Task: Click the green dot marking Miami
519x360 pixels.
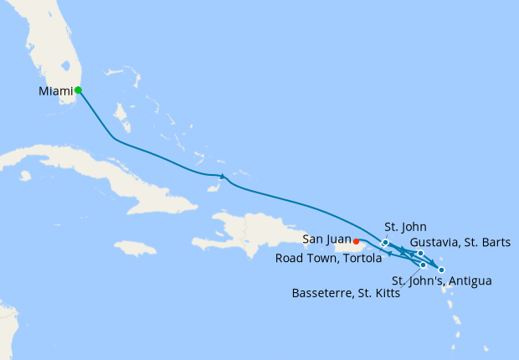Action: coord(78,90)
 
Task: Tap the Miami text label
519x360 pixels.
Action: coord(55,90)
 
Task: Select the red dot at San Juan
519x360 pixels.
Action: coord(357,243)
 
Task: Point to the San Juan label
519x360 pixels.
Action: coord(327,239)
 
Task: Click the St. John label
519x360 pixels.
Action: coord(405,226)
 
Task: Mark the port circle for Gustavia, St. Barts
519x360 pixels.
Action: coord(420,253)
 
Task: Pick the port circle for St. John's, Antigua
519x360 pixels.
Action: coord(441,270)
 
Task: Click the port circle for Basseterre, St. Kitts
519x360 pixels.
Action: coord(424,265)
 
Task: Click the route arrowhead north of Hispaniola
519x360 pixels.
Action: coord(222,175)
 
